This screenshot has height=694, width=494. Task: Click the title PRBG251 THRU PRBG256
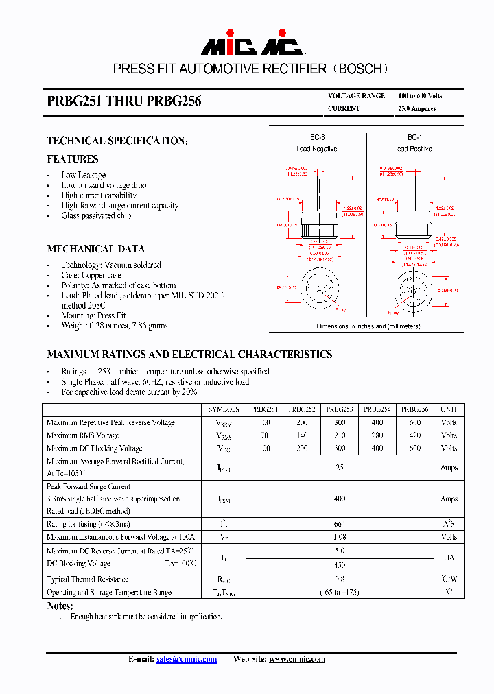pos(124,101)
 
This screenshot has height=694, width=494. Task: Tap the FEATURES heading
pos(73,159)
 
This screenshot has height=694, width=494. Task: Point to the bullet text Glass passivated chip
pos(96,215)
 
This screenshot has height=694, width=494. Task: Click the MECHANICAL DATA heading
pos(95,249)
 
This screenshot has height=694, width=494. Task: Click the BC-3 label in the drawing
pos(317,137)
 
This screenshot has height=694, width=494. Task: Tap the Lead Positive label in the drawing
pos(413,149)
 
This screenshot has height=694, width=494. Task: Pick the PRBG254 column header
pos(377,409)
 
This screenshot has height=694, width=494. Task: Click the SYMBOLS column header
pos(224,409)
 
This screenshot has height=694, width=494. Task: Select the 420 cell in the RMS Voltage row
pos(414,435)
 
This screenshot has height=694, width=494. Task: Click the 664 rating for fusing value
pos(339,524)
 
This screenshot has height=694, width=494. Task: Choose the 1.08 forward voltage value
pos(339,537)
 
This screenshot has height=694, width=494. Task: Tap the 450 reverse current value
pos(339,566)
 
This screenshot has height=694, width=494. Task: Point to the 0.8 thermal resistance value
pos(339,579)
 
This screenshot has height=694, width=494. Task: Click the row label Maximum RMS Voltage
pos(82,435)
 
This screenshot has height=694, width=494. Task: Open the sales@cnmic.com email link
pos(186,659)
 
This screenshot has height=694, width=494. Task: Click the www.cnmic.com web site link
pos(296,659)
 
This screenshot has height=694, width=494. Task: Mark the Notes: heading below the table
pos(60,606)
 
